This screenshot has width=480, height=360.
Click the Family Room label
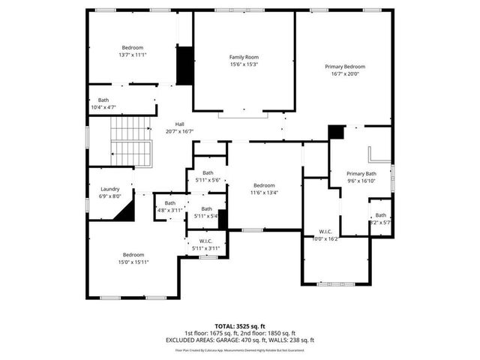point(244,57)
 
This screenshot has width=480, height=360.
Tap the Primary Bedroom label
point(345,67)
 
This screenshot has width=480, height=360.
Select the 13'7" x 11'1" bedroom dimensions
point(132,55)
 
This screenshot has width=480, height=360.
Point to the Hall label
point(180,124)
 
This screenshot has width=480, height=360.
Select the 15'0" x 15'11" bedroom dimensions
point(133,262)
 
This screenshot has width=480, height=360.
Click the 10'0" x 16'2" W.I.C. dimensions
point(325,238)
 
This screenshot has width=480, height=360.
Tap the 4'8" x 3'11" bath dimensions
point(170,211)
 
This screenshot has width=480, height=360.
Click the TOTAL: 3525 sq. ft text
point(240,326)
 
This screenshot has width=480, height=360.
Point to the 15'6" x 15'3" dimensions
point(244,64)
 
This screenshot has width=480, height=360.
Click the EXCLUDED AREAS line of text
point(240,340)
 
